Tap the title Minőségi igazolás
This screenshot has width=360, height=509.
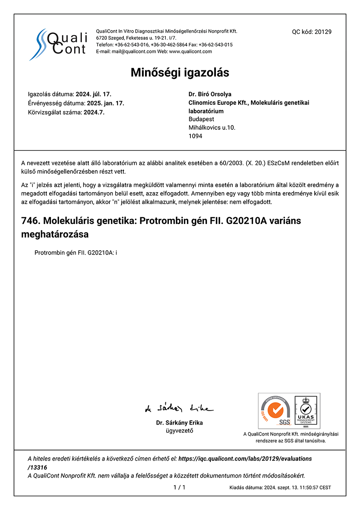(x=180, y=73)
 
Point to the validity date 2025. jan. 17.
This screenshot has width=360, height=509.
(x=106, y=103)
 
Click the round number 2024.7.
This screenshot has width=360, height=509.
(x=94, y=112)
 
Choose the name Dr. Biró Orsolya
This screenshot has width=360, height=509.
(x=210, y=94)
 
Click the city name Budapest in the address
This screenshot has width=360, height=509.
(x=201, y=119)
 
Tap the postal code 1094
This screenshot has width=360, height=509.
(x=195, y=136)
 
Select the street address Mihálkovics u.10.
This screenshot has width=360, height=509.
(x=212, y=128)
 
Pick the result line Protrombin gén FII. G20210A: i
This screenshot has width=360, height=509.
(x=76, y=253)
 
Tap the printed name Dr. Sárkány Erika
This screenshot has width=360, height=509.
(x=179, y=423)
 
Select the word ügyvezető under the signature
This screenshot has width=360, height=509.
(x=179, y=431)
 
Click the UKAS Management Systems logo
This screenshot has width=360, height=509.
(x=306, y=411)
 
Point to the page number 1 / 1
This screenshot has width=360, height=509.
(x=179, y=487)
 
